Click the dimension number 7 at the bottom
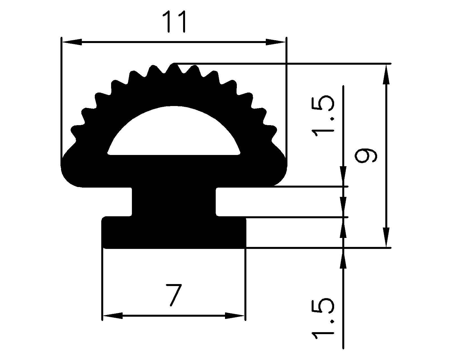click(173, 295)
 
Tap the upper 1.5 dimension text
click(323, 116)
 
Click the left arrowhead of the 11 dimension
click(71, 42)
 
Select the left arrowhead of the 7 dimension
click(112, 316)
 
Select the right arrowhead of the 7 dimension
click(235, 316)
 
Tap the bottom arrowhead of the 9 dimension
click(387, 237)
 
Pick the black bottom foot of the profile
click(174, 233)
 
